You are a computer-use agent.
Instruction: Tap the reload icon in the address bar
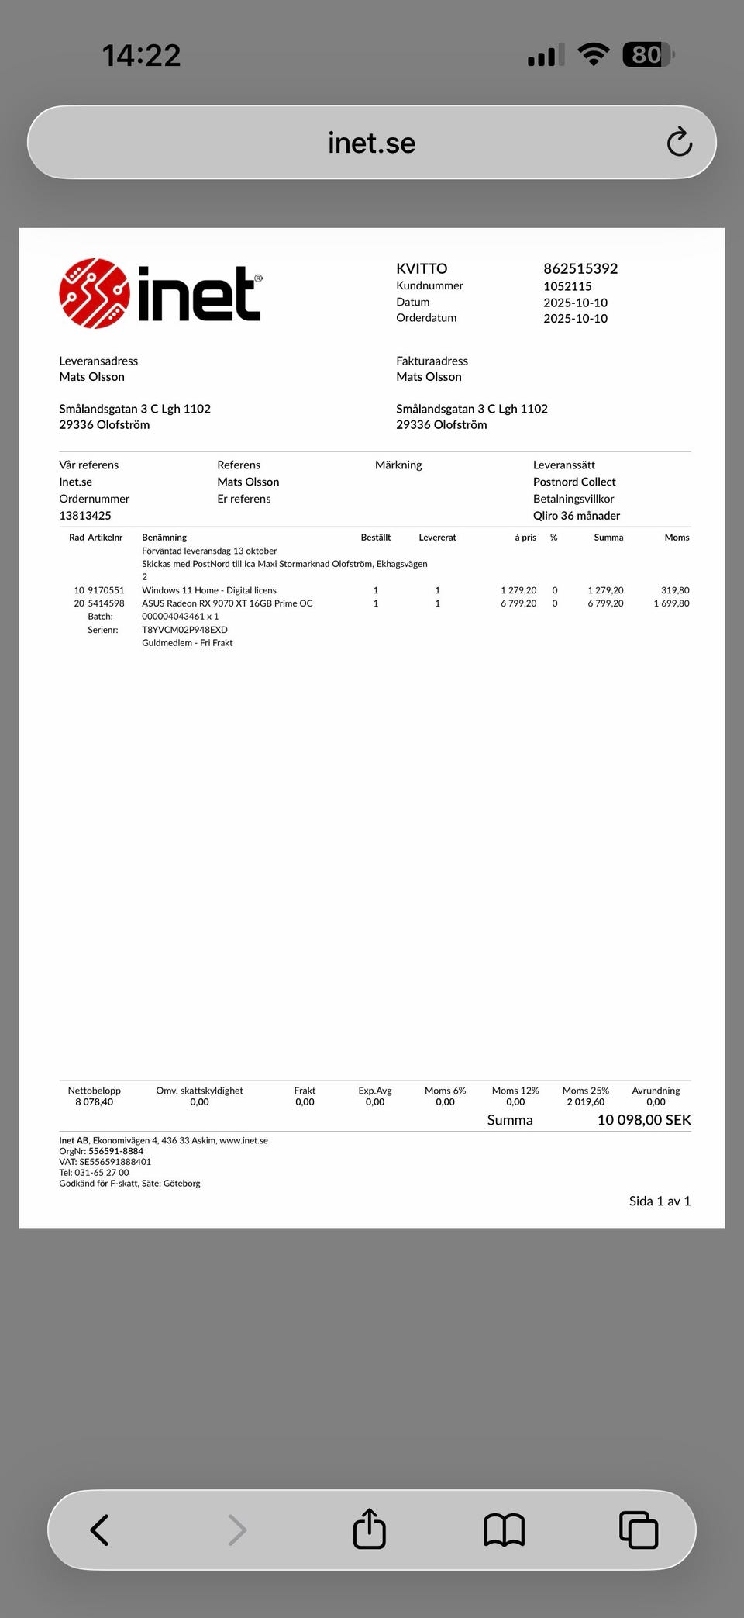click(x=679, y=142)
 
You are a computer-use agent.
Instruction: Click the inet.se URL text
click(x=371, y=143)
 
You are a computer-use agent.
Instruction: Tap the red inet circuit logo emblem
click(x=94, y=293)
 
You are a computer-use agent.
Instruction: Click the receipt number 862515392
click(x=580, y=268)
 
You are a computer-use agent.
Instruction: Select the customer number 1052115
click(x=567, y=286)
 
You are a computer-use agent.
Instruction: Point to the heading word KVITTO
click(x=422, y=268)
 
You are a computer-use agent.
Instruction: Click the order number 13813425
click(x=85, y=516)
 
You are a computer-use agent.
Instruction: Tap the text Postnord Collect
click(x=574, y=482)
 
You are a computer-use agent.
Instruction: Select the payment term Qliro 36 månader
click(x=577, y=516)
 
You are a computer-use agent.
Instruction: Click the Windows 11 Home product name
click(x=209, y=590)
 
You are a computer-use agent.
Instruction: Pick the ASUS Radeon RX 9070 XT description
click(x=227, y=603)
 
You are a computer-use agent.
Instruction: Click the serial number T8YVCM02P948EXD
click(x=184, y=630)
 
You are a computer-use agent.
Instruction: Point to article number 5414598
click(x=106, y=603)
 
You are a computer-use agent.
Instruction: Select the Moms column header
click(x=677, y=538)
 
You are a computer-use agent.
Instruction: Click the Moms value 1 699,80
click(x=671, y=603)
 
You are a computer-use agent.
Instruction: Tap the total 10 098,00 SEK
click(x=644, y=1120)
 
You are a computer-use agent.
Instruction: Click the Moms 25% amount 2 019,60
click(x=585, y=1102)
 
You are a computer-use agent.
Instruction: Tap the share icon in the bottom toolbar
click(x=370, y=1530)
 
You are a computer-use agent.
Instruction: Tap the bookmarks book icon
click(x=504, y=1530)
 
